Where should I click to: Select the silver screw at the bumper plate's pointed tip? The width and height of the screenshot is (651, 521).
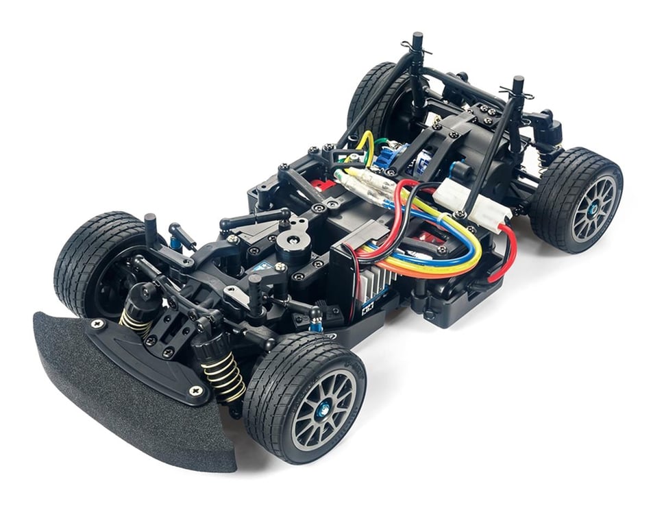coord(198,391)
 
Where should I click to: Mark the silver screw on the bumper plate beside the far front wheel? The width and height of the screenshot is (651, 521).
coord(97,323)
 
